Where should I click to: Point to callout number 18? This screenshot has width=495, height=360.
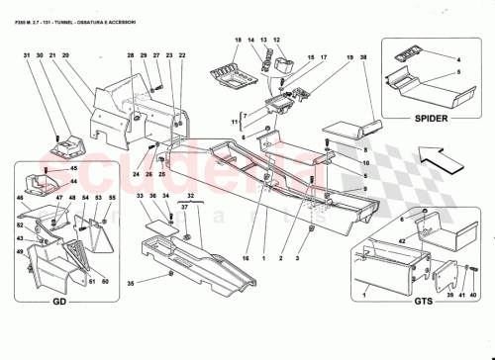click(x=238, y=40)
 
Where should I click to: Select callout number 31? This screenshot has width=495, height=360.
click(x=26, y=55)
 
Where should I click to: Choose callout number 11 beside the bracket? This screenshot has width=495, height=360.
click(x=235, y=123)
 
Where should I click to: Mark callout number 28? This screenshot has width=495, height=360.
click(x=130, y=55)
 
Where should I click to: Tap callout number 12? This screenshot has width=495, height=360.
click(x=277, y=40)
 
